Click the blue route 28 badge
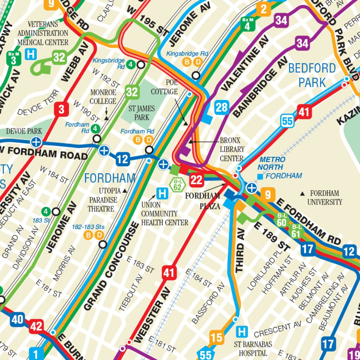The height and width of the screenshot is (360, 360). click(221, 107)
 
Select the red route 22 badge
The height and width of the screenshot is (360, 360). click(196, 180)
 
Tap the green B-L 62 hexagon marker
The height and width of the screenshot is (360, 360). click(177, 184)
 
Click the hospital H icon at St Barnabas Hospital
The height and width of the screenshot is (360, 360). click(242, 332)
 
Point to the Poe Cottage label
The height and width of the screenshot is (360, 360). click(165, 87)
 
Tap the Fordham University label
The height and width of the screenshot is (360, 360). click(324, 197)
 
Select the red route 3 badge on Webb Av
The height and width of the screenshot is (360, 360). click(62, 110)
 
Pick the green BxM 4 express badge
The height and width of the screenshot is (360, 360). click(248, 24)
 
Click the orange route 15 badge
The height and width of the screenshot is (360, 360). click(217, 338)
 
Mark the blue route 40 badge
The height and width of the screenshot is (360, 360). click(17, 320)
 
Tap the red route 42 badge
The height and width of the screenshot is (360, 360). click(36, 326)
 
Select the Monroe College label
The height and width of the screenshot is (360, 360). click(103, 97)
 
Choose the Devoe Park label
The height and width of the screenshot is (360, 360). click(24, 131)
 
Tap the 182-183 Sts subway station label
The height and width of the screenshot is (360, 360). click(88, 227)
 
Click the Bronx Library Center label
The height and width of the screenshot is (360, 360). click(232, 149)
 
